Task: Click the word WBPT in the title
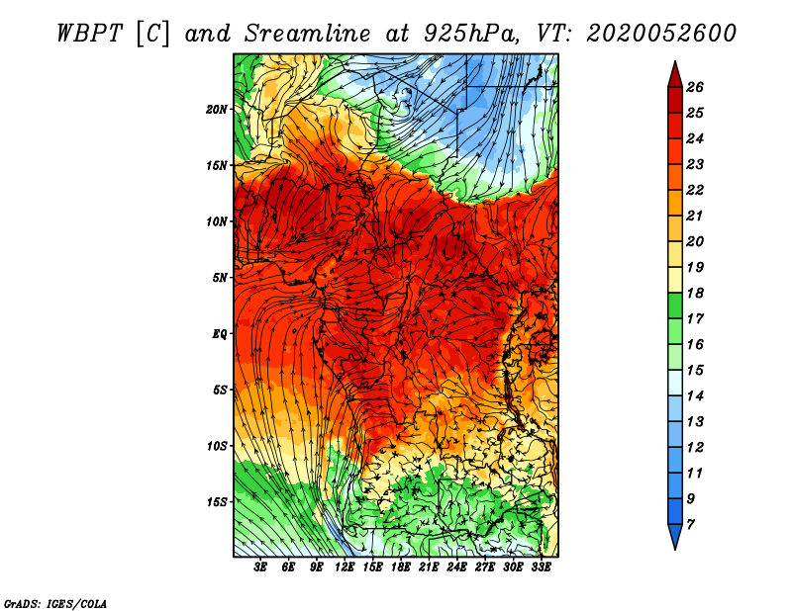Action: [89, 34]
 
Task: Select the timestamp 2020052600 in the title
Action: [661, 34]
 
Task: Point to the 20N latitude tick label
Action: [216, 109]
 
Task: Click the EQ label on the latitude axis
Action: [219, 334]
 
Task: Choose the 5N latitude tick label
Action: [219, 278]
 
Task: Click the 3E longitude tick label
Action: [260, 567]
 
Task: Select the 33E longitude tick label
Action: [541, 567]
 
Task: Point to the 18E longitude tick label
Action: [401, 567]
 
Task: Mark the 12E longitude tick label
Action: [345, 567]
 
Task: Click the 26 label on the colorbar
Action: [695, 87]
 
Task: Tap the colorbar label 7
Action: [690, 525]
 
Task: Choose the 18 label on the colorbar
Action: [695, 293]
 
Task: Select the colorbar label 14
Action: [695, 396]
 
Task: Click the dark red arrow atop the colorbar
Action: [675, 76]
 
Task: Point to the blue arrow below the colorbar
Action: [675, 536]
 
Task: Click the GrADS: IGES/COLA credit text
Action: [55, 603]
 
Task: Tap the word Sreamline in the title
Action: [308, 34]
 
